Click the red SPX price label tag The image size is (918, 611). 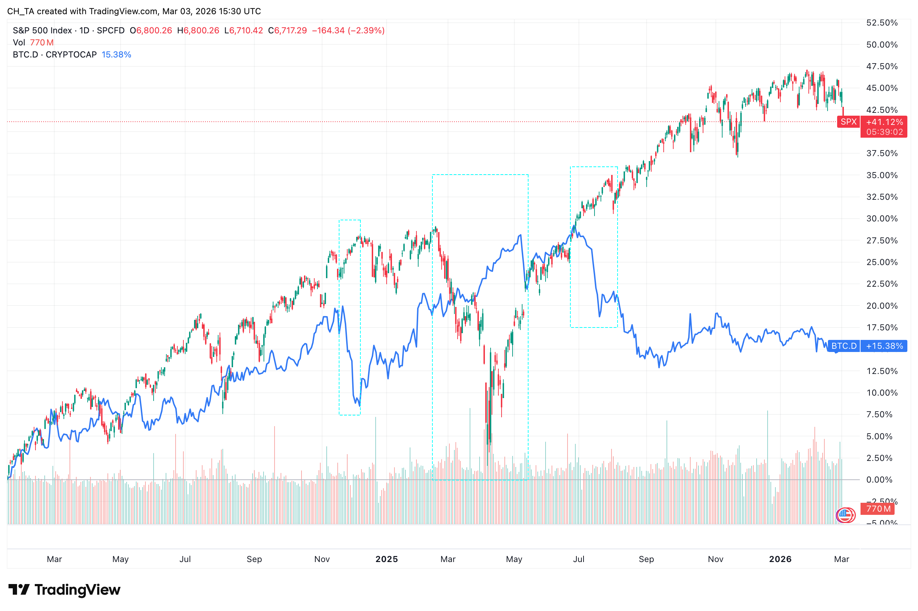pos(848,122)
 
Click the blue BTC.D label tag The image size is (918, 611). pos(843,346)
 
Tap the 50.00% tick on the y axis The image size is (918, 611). pos(881,45)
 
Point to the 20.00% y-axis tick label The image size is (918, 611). pos(881,306)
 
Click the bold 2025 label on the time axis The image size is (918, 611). pos(386,559)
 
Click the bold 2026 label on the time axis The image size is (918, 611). pos(780,559)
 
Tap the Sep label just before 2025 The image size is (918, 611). pos(254,559)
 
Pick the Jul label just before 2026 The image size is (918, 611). pos(579,559)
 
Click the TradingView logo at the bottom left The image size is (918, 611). pos(64,590)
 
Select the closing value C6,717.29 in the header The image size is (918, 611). pos(287,31)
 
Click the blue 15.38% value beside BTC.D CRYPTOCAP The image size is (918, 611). pos(116,55)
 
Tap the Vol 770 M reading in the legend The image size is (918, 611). pos(33,43)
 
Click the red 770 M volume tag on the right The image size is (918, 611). pos(878,509)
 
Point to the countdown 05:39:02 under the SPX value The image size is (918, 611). pos(884,132)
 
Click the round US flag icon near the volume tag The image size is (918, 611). pos(844,515)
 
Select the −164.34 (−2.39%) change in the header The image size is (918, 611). pos(348,31)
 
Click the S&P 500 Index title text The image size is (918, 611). pos(42,31)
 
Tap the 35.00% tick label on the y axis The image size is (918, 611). pos(881,175)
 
